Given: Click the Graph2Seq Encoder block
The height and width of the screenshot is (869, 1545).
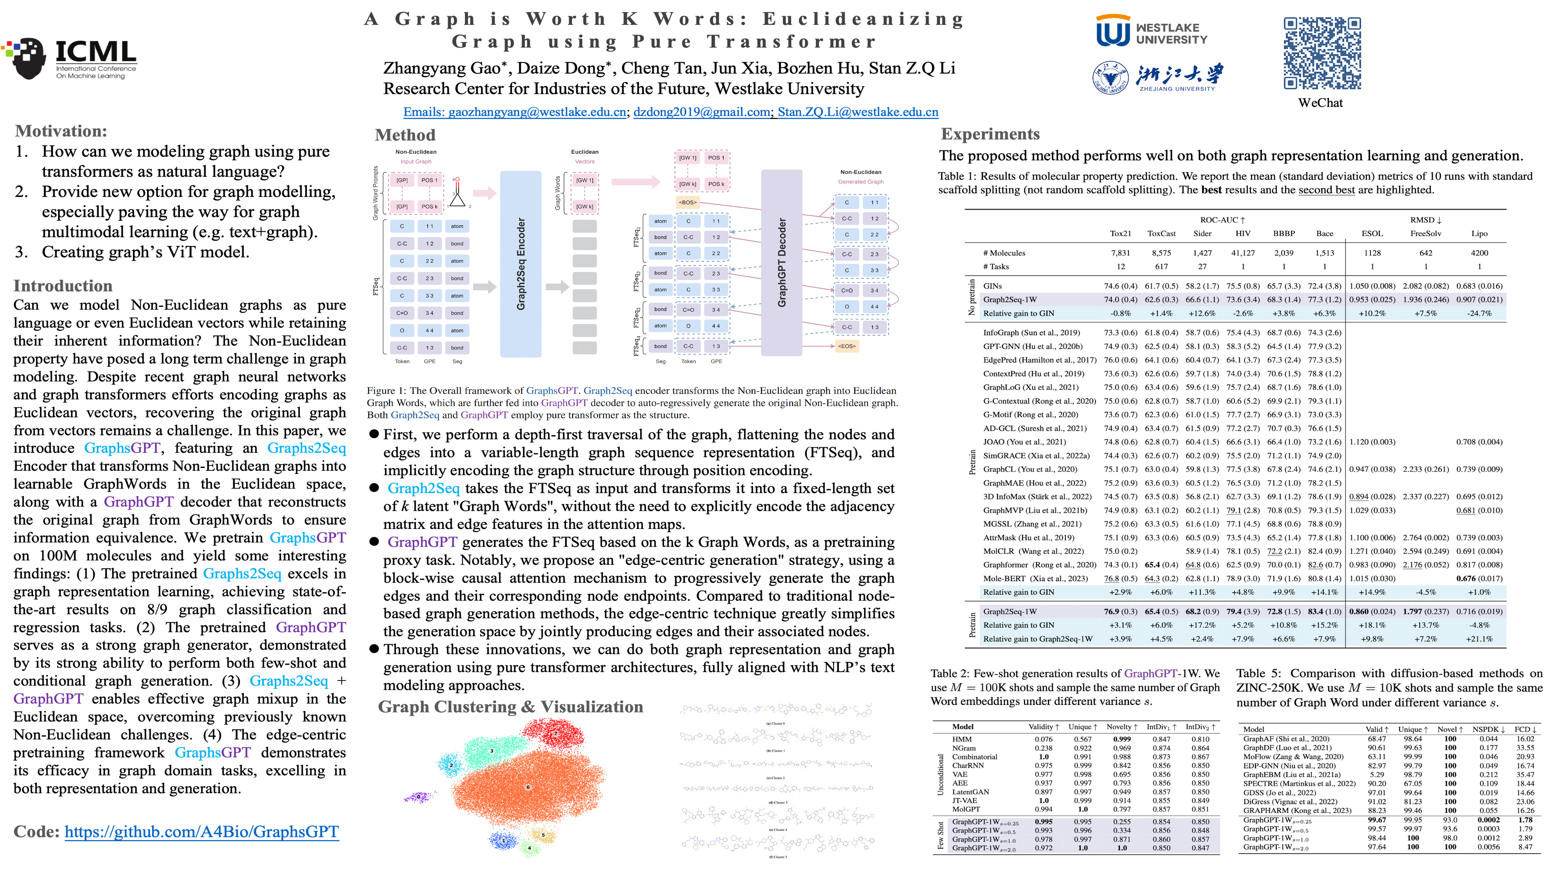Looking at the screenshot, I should click(521, 264).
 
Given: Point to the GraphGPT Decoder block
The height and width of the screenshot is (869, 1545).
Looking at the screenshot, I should click(782, 263).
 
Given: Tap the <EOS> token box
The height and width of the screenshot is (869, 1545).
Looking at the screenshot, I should click(846, 346).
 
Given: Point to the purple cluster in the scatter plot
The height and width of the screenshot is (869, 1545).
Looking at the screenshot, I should click(420, 797).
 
